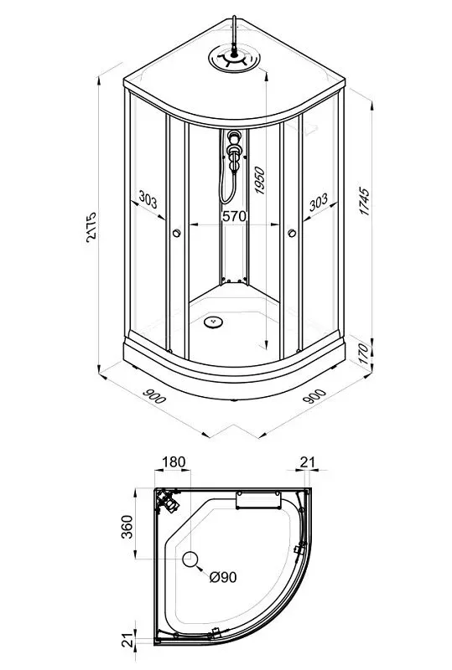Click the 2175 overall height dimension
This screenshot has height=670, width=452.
[91, 227]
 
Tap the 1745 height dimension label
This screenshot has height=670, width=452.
[364, 201]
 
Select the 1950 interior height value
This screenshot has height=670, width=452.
[259, 181]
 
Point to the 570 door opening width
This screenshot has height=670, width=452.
[234, 216]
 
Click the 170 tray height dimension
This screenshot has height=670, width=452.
[363, 353]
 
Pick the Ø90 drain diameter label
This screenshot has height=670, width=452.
[223, 577]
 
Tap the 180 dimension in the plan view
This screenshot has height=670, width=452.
[174, 462]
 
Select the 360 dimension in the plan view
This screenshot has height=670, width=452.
[127, 527]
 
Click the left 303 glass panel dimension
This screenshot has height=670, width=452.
[148, 199]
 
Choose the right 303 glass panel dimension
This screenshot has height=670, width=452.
[319, 202]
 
